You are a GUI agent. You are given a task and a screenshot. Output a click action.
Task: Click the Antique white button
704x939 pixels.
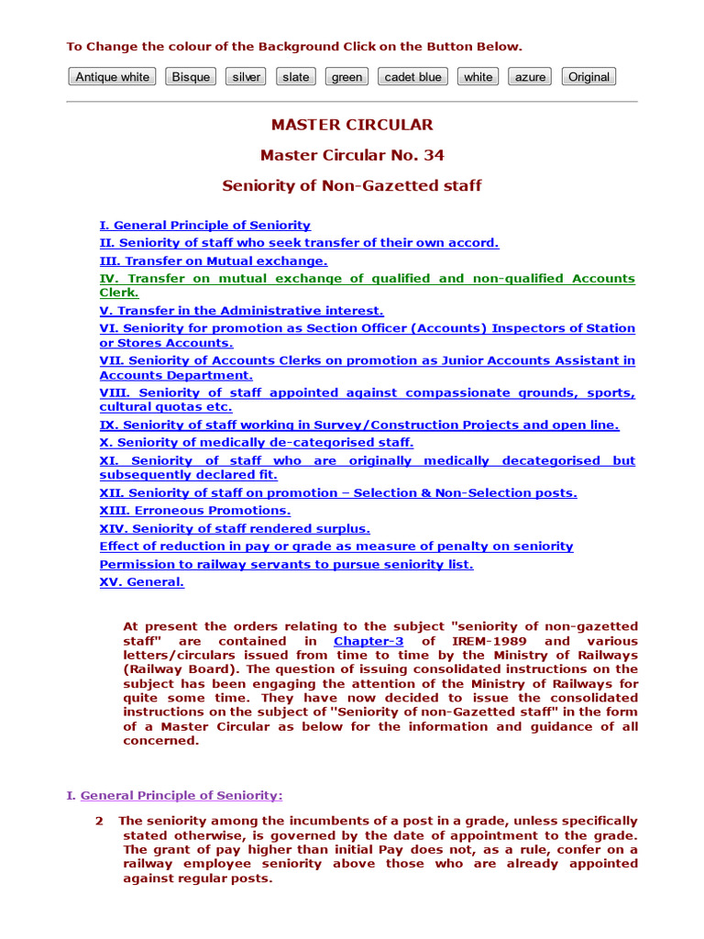pos(112,77)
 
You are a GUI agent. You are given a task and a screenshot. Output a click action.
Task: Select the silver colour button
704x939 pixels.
pos(246,77)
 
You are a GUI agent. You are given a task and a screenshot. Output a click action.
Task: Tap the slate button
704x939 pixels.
pos(295,77)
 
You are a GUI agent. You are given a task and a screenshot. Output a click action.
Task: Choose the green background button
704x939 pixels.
pos(346,77)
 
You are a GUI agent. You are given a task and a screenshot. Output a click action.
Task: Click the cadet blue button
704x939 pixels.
pos(412,77)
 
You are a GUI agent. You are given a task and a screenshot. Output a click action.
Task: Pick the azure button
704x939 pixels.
pos(530,77)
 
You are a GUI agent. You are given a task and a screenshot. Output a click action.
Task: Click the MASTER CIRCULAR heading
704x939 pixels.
pos(352,125)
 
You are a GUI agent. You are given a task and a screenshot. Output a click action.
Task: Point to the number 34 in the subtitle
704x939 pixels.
pos(434,155)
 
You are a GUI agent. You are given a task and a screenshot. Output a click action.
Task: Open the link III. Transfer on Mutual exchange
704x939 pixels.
pos(213,260)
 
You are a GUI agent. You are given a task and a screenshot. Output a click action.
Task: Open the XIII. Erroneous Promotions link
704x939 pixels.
pos(194,510)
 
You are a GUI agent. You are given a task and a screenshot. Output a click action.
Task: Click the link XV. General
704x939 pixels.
pos(141,581)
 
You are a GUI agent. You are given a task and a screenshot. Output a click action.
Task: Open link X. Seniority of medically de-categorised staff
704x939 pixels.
pos(256,442)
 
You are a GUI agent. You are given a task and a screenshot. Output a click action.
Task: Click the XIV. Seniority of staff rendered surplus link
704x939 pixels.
pos(235,528)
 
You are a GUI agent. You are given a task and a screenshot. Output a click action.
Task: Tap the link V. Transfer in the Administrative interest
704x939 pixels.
pos(241,311)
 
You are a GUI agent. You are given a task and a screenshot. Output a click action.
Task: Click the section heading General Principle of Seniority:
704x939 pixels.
pos(181,795)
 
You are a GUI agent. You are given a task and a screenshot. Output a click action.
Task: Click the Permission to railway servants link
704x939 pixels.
pos(286,564)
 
